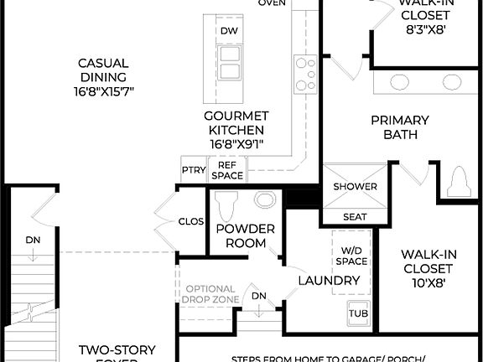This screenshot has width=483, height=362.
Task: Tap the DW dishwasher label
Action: (x=229, y=31)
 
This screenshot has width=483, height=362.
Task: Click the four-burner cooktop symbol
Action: (x=305, y=73)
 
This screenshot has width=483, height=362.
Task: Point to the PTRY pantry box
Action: (x=194, y=170)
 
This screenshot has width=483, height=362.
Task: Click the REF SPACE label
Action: (x=227, y=170)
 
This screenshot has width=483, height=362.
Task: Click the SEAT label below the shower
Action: (x=355, y=217)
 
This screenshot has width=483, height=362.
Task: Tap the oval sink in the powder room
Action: (x=265, y=200)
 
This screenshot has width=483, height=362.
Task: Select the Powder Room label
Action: (x=245, y=235)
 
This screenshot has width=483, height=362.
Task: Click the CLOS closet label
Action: (x=191, y=222)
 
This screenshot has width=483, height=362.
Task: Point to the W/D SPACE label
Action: (x=352, y=256)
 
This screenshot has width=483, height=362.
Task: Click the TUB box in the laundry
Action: (x=358, y=313)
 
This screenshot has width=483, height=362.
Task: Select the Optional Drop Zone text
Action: (x=211, y=294)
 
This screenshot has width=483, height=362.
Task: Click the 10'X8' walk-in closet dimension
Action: (x=427, y=282)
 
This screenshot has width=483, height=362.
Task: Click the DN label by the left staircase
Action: (x=33, y=240)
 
